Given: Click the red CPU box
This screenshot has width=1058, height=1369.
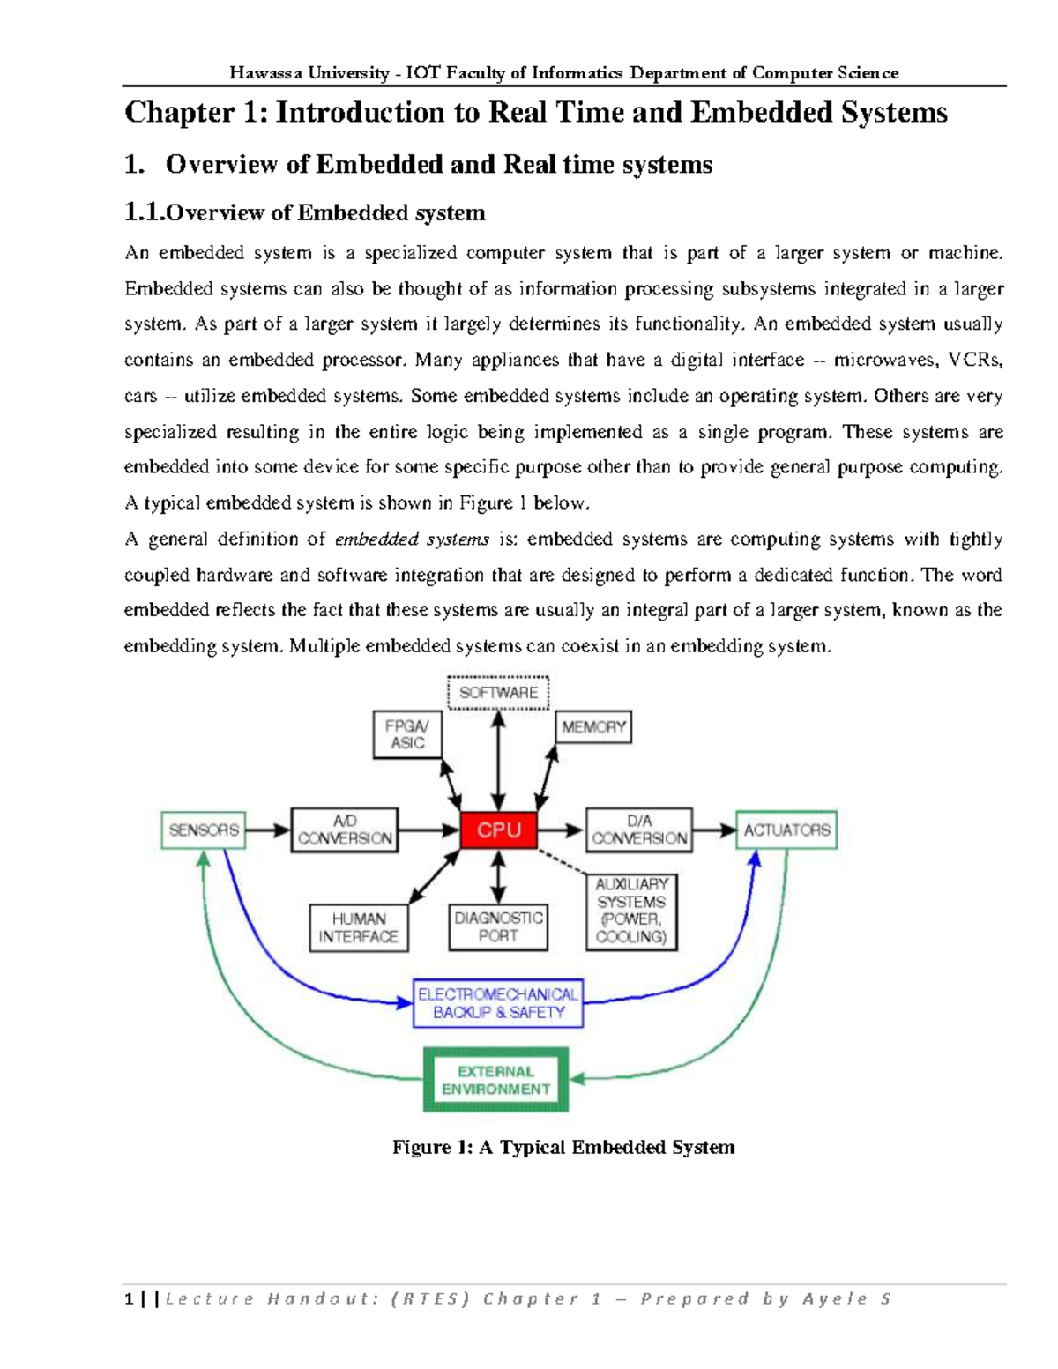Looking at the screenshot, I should [x=498, y=830].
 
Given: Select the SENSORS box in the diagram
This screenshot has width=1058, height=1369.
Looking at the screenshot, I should [x=204, y=830].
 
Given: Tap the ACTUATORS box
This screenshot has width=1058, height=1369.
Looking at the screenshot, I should [x=786, y=830].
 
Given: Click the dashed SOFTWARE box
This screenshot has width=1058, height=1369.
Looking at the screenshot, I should [x=498, y=692].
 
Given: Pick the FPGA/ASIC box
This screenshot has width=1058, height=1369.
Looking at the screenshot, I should [x=406, y=734].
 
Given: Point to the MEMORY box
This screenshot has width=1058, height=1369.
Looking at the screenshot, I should [x=593, y=727].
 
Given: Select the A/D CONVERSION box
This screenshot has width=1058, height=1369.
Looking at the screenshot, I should [x=345, y=830].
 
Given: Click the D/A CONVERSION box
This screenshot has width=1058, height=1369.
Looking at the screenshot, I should [x=639, y=830].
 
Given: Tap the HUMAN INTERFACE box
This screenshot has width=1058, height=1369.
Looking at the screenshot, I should [x=359, y=927].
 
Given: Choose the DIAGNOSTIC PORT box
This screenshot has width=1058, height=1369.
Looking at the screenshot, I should [x=498, y=926].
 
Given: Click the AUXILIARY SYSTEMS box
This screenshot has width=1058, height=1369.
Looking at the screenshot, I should [x=631, y=910].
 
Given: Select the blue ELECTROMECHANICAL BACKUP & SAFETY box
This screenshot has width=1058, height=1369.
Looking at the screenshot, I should [x=498, y=1003].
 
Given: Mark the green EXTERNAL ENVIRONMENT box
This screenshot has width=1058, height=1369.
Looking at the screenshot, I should [x=495, y=1080].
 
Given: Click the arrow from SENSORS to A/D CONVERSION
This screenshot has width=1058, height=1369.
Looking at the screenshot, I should [x=268, y=830].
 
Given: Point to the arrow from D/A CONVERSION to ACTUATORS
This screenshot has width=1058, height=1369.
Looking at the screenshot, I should [x=714, y=830].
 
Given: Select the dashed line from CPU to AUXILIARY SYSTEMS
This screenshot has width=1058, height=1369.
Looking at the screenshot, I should [x=563, y=860].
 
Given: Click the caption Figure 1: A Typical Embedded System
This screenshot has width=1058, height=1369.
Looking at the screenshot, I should [x=563, y=1147].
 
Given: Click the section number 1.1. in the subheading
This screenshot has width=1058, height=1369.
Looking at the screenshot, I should [x=145, y=212].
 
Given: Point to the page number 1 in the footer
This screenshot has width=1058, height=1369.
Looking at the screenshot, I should [x=130, y=1298].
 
